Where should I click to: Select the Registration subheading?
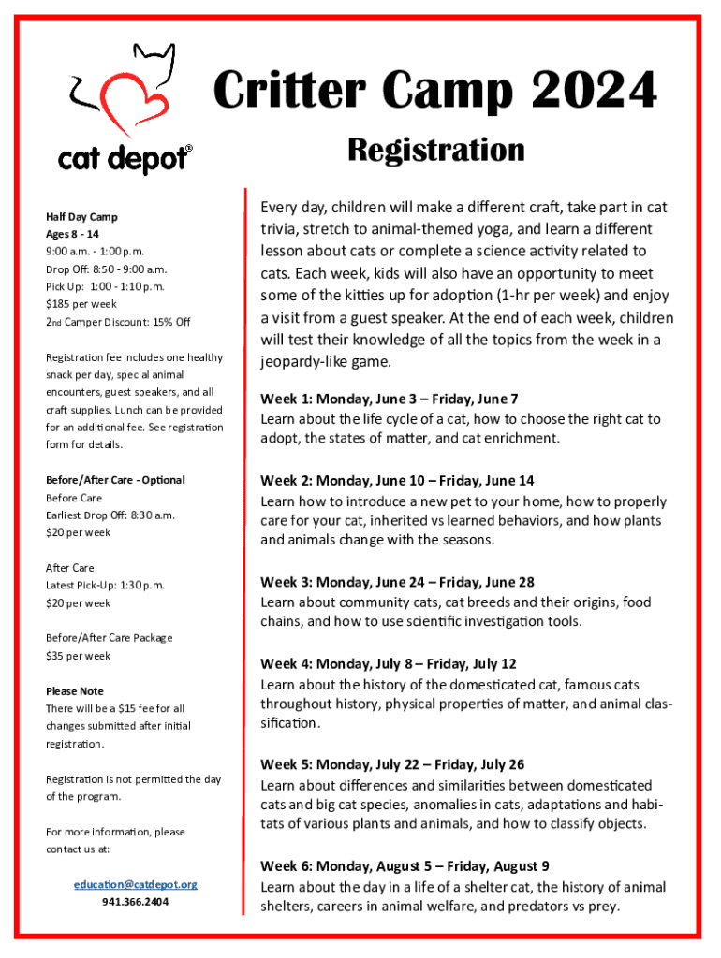(436, 150)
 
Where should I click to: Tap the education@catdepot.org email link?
(136, 884)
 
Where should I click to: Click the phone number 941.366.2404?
(136, 903)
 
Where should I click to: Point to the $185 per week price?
(81, 304)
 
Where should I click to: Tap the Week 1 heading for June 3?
(389, 399)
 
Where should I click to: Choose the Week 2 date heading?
(397, 481)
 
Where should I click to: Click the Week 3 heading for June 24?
(397, 582)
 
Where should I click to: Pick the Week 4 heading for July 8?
(388, 664)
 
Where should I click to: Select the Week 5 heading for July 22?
(392, 764)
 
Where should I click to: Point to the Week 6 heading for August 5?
(405, 866)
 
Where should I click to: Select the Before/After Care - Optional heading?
(115, 480)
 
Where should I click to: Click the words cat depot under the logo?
(122, 160)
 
